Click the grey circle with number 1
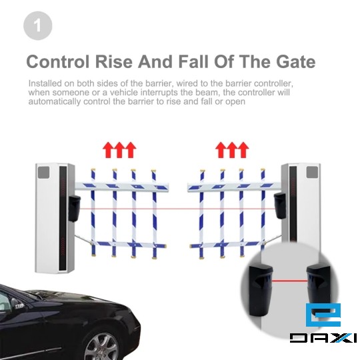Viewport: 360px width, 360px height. tap(38, 26)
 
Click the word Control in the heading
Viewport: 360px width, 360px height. tap(58, 61)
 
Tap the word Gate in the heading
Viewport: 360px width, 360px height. tap(296, 61)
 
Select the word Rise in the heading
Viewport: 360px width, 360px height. tap(114, 61)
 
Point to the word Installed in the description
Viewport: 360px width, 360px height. tap(45, 83)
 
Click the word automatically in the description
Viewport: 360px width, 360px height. tap(55, 101)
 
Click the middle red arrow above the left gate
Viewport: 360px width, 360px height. tap(119, 150)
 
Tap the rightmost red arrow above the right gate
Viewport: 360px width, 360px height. tap(243, 150)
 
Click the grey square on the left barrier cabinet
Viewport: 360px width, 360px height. tap(44, 173)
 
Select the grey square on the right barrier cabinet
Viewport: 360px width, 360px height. tap(312, 173)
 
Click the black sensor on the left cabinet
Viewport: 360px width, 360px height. tap(74, 209)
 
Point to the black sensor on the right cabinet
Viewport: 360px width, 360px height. tap(280, 206)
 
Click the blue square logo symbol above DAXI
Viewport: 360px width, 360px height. tap(323, 315)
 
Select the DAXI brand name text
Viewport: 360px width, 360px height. tap(323, 338)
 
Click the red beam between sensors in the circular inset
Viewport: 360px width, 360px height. tap(289, 281)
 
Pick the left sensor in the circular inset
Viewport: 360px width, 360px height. tap(261, 290)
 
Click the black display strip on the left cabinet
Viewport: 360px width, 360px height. tap(63, 217)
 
